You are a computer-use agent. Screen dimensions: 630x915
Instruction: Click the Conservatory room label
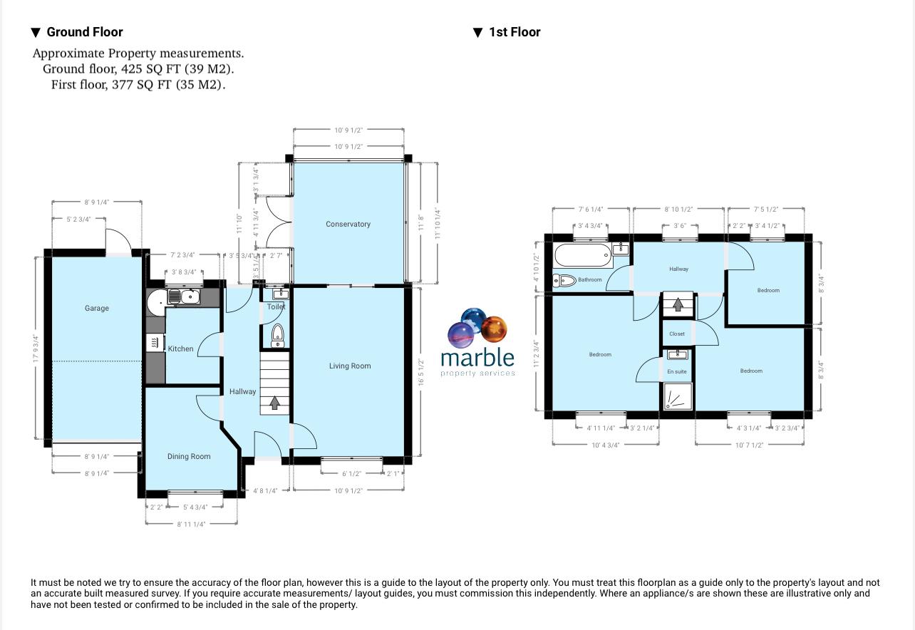348,224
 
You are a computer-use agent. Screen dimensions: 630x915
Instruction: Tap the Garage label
97,308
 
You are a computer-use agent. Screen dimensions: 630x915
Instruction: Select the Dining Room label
189,456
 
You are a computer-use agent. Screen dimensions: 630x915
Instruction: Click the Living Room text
350,366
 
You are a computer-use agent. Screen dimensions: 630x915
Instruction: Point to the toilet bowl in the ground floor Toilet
278,334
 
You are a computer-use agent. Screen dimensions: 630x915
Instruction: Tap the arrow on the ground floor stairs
274,404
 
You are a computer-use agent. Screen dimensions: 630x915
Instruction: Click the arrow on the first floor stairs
678,304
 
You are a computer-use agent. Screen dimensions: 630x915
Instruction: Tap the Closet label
677,334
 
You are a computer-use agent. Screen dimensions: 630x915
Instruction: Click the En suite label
677,371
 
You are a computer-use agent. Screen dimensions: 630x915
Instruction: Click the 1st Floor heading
515,32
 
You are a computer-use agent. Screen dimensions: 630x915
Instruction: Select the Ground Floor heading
84,32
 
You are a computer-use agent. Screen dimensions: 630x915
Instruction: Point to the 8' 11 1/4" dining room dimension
190,524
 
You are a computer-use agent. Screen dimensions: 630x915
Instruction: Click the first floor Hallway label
678,269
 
